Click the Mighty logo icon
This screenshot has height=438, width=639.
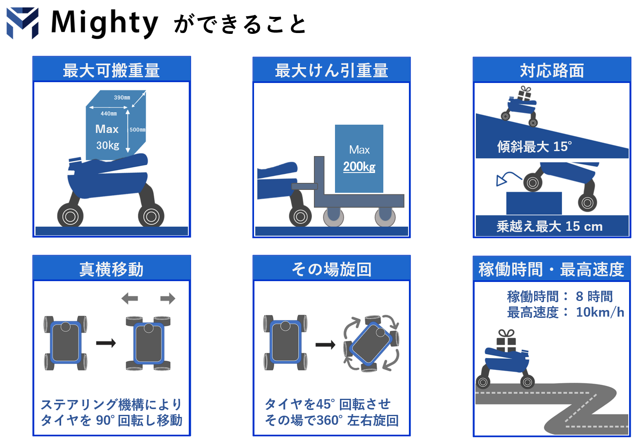coord(23,23)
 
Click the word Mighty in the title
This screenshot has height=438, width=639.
coord(105,23)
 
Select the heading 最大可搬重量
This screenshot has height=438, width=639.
coord(112,70)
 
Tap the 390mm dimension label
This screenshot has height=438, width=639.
coord(122,97)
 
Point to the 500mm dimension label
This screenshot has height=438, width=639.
coord(138,130)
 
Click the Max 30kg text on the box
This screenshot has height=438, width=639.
coord(107,137)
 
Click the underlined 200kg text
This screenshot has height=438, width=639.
coord(359,166)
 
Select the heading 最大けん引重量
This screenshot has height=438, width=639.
coord(331,71)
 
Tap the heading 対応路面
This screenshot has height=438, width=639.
coord(552,71)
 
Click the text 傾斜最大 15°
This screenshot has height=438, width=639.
coord(534,147)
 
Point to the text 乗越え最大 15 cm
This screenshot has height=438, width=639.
coord(549,226)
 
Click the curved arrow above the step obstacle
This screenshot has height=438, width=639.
coord(508,178)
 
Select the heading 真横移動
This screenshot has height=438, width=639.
coord(112,270)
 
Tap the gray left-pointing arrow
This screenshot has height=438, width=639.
coord(130,298)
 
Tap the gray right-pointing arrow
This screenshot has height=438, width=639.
coord(168,298)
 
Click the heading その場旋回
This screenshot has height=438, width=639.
coord(331,270)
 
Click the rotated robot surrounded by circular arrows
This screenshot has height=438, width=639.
coord(371,343)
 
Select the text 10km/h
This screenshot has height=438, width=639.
coord(600,312)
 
